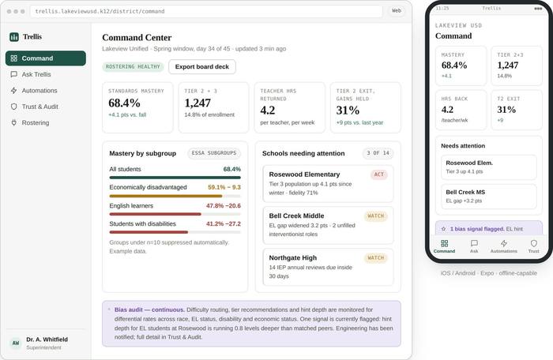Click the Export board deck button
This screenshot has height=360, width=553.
point(202,66)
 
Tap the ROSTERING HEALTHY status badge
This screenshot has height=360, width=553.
point(133,66)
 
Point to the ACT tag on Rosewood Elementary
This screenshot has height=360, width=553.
point(378,174)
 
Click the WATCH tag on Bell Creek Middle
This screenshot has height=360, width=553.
point(375,216)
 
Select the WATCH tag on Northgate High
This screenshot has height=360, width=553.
point(375,257)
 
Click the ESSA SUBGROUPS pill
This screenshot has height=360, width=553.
point(214,153)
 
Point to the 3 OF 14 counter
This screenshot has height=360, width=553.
point(378,153)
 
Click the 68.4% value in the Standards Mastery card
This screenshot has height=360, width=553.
point(124,103)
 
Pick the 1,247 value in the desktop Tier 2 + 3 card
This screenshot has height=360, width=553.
point(197,103)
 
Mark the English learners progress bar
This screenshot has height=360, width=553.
point(175,214)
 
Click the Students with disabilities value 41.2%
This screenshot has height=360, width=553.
point(213,224)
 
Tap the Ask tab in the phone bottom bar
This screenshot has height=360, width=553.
point(474,246)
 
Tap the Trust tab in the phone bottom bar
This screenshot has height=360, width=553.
point(533,246)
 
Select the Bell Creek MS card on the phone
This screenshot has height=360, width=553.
point(489,197)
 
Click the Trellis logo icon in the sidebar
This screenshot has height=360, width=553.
point(14,36)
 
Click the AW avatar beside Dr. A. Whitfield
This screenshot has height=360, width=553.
point(16,343)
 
